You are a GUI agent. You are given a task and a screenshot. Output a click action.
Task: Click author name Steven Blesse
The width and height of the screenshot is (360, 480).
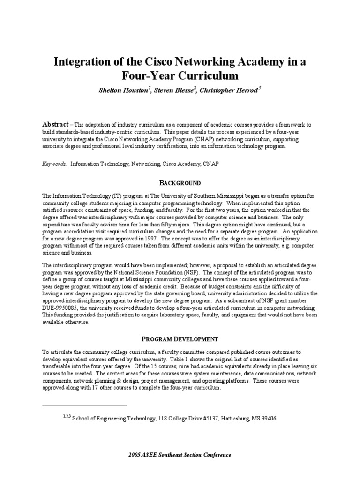pos(175,90)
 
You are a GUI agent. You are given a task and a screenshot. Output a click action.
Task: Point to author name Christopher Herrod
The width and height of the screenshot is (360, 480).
pos(229,90)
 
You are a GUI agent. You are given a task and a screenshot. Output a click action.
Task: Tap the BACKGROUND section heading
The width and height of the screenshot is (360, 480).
pos(180,183)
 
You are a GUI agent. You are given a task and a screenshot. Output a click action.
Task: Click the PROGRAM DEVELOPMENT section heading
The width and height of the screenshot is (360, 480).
pos(180,338)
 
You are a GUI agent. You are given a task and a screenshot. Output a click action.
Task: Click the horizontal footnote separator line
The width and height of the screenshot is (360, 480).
pos(84,405)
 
